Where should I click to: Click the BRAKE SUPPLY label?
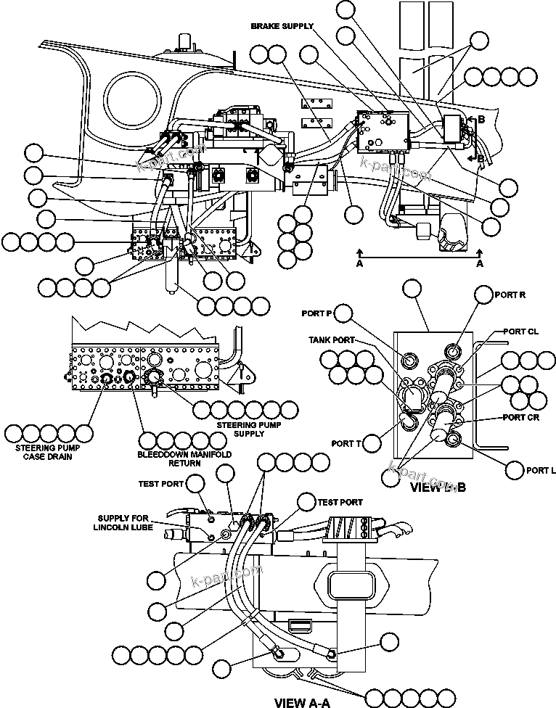pos(282,26)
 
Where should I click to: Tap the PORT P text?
pos(316,313)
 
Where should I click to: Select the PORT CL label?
pos(521,332)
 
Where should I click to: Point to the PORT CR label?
pos(521,418)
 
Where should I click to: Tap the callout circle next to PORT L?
pos(515,470)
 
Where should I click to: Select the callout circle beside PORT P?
pos(343,313)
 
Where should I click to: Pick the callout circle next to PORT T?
pos(372,442)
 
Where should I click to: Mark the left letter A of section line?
pos(359,265)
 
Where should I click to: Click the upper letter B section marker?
pos(481,120)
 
